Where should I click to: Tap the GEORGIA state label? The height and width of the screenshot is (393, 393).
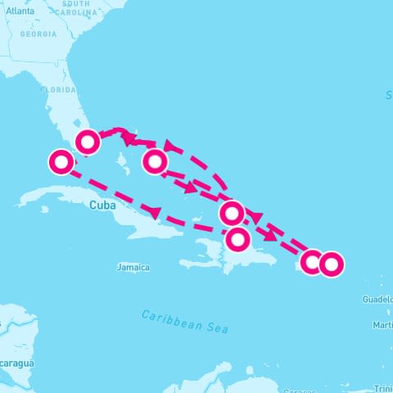point(39,34)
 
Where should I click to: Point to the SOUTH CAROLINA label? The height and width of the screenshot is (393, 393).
point(79,7)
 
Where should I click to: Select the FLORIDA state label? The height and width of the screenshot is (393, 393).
point(58,88)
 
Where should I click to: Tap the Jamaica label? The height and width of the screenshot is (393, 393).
point(133,267)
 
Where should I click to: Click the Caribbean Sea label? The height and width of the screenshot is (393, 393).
point(184,320)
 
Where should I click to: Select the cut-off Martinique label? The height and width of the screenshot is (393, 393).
point(382,325)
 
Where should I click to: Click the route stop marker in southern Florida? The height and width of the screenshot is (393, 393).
point(88,142)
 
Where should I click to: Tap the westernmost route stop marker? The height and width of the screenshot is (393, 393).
point(61,162)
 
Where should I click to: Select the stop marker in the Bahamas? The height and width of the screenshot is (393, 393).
point(155,161)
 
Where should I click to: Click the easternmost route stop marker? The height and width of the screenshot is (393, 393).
point(330,264)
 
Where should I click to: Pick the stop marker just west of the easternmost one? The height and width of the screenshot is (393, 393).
point(312,262)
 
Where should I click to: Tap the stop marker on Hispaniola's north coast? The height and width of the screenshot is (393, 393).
point(238,239)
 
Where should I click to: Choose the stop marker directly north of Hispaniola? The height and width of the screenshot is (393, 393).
point(232,214)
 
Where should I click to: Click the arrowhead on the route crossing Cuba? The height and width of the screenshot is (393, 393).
point(155,211)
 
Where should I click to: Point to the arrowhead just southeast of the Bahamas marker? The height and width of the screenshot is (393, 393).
point(191,187)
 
